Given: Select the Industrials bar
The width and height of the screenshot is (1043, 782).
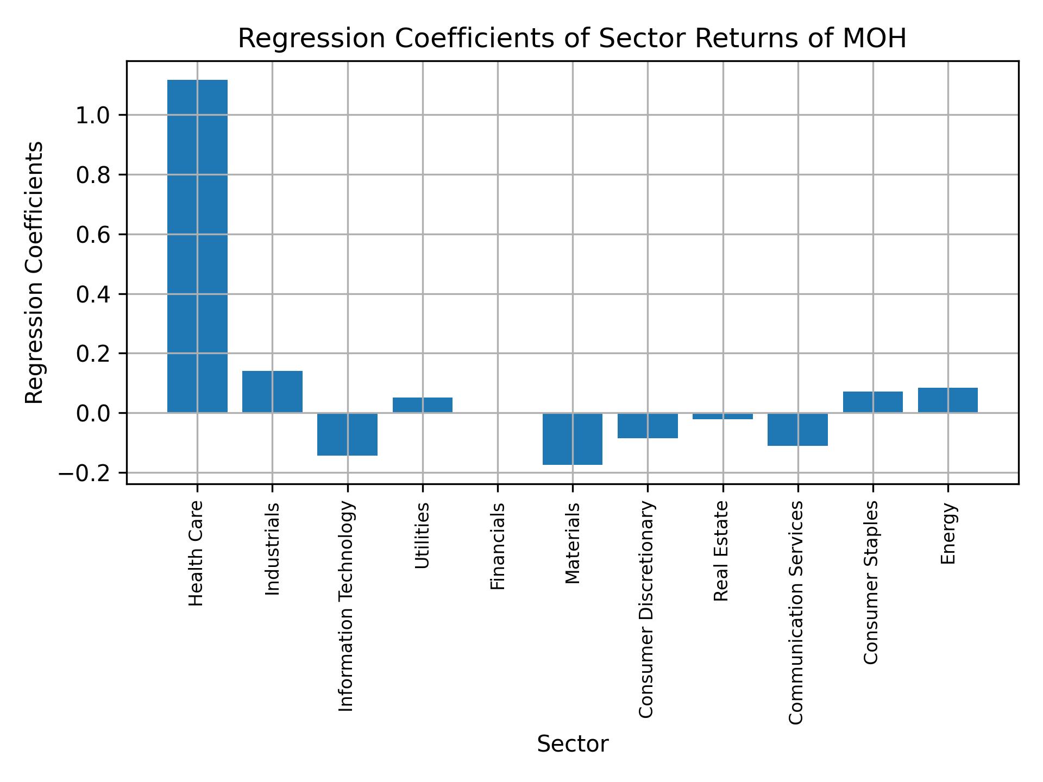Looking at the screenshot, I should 272,392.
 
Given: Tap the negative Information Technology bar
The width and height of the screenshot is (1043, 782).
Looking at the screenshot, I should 347,434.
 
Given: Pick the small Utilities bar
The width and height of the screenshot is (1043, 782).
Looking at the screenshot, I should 423,405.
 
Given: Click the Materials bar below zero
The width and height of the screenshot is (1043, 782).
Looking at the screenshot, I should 573,439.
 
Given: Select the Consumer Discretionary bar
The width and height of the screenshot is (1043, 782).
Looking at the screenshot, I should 648,425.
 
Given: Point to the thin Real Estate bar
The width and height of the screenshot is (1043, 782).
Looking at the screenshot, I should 722,416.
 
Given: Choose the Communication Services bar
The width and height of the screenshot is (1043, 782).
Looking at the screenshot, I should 797,429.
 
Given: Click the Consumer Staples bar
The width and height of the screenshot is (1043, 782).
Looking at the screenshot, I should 872,402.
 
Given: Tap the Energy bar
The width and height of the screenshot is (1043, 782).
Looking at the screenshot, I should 948,400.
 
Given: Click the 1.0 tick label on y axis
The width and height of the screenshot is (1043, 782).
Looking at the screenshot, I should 93,116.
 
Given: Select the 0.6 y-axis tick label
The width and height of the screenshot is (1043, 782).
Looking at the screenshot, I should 93,235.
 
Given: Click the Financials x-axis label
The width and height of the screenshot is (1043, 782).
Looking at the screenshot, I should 498,546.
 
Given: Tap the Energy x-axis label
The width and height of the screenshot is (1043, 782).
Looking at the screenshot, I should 948,534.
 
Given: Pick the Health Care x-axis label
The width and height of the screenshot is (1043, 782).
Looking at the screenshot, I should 196,553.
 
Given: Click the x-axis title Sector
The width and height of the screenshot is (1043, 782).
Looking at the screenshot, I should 573,744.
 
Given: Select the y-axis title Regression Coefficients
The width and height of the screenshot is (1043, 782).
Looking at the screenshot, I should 35,273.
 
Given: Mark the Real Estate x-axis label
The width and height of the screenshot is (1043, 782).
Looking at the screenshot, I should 721,551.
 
